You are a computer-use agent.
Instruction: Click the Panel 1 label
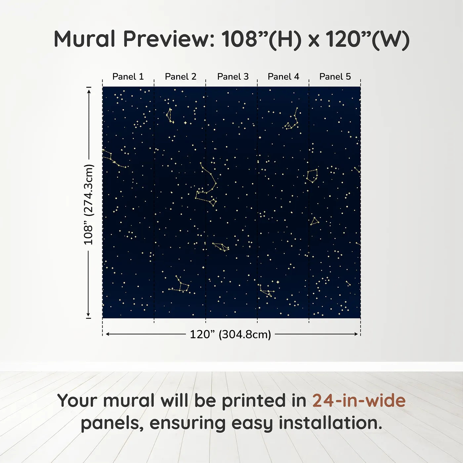coord(128,77)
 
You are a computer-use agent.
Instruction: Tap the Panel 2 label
coord(181,77)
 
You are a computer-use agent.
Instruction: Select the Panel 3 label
coord(233,77)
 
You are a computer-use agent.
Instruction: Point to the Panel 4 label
coord(283,77)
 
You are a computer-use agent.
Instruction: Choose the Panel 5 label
coord(335,77)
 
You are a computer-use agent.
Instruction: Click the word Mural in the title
coord(85,39)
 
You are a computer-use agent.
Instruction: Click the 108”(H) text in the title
coord(261,40)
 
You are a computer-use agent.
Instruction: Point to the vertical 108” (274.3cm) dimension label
coord(88,204)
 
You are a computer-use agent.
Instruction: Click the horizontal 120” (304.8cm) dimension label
coord(231,334)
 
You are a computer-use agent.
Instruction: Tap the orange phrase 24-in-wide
coord(359,400)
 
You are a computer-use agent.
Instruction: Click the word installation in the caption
coord(330,423)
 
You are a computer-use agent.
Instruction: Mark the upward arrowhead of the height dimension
coord(89,92)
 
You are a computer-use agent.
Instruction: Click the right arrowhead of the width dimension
coord(356,334)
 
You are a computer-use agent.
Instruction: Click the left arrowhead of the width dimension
coord(108,334)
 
